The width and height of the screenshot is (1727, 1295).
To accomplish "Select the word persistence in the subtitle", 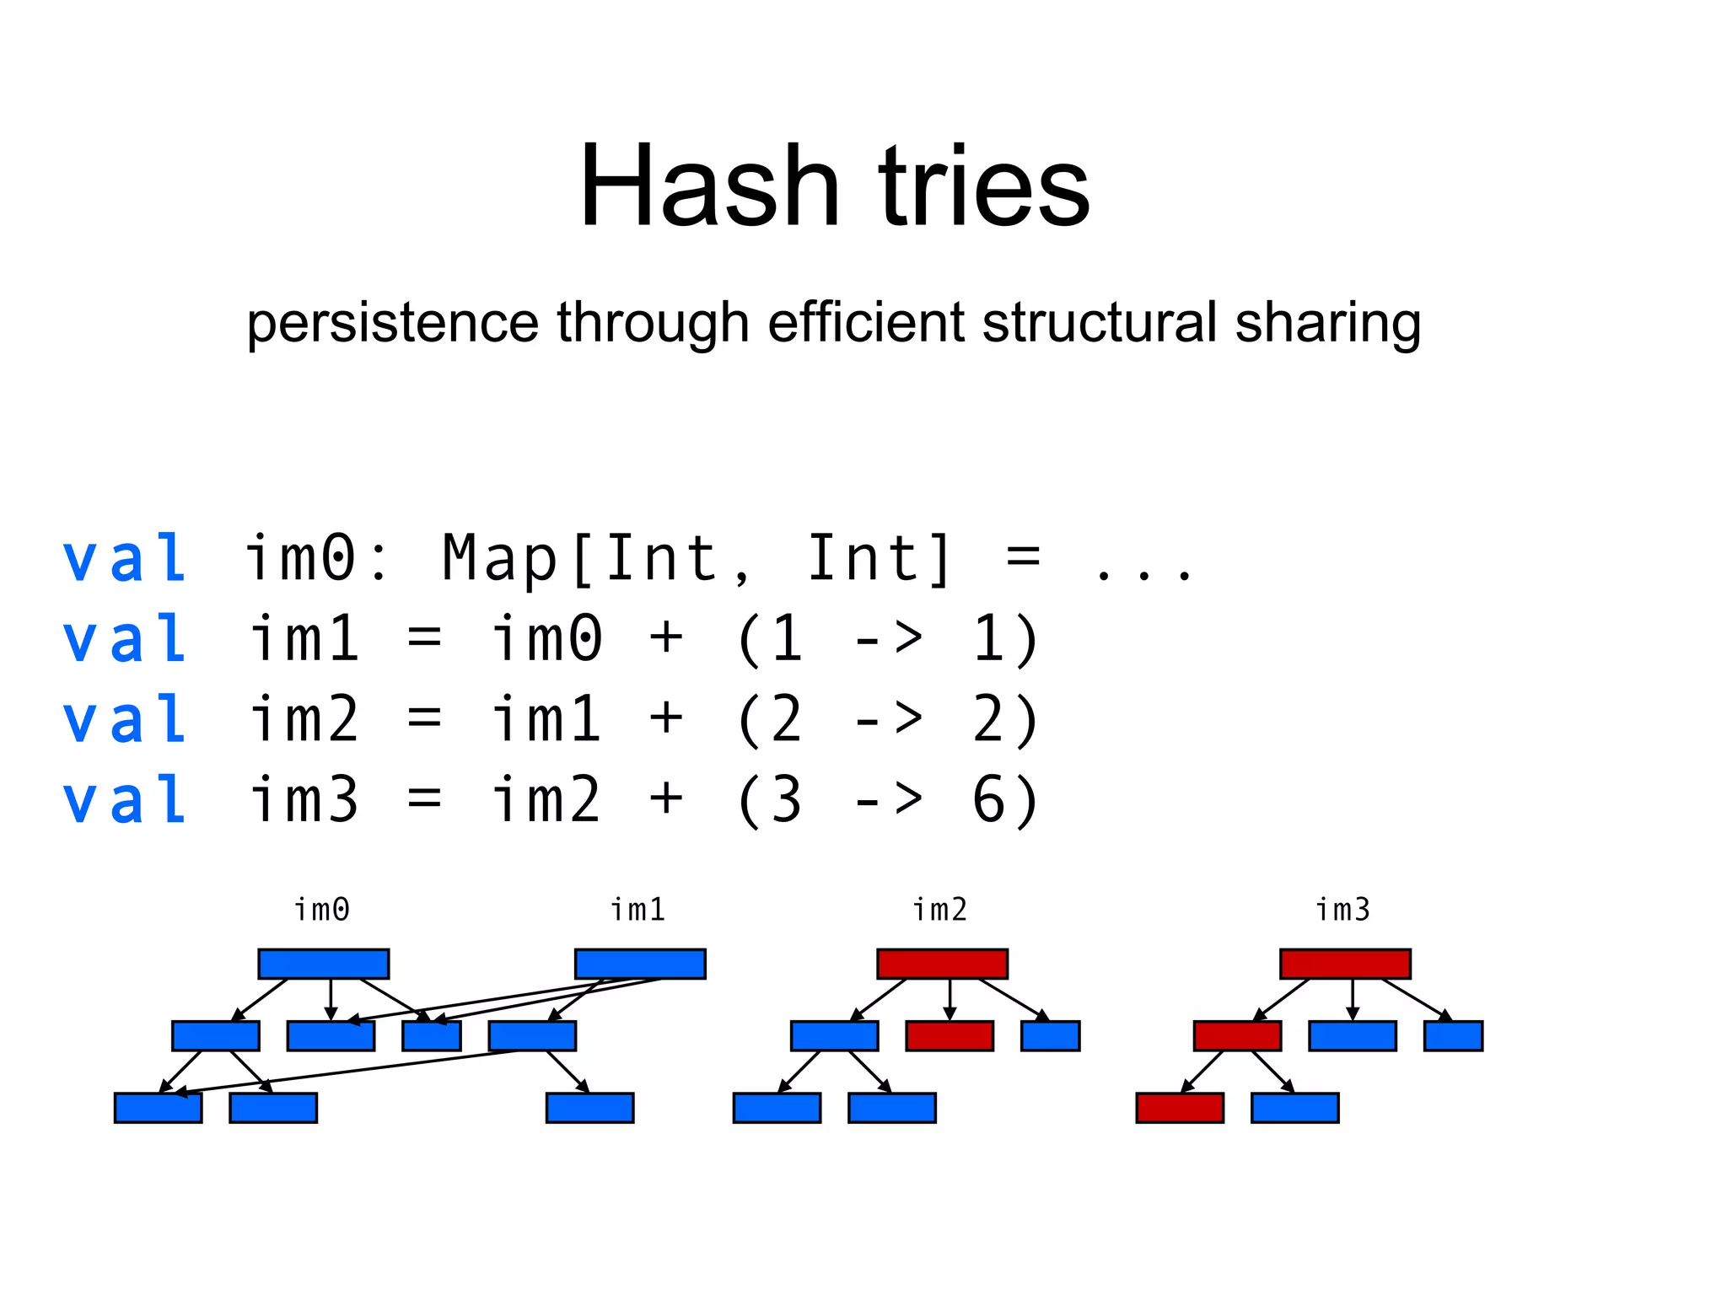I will click(392, 324).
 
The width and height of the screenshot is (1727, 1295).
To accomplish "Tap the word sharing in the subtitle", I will click(1327, 324).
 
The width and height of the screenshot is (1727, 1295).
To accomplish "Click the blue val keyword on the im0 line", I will click(125, 558).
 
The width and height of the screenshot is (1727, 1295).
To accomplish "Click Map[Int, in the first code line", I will click(595, 558).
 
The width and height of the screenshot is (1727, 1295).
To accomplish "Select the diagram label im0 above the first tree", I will click(321, 910).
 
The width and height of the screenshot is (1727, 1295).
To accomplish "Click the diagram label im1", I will click(638, 910).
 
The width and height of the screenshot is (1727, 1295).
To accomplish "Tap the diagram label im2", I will click(940, 910).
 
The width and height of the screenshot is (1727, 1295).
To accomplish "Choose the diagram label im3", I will click(1343, 910).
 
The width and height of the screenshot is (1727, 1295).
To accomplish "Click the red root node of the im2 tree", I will click(942, 964).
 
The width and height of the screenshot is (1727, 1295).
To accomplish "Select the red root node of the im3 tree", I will click(1345, 964).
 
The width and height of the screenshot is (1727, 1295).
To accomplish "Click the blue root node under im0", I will click(323, 964).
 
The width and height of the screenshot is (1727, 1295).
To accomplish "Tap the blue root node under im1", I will click(640, 964).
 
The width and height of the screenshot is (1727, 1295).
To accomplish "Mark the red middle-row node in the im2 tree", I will click(950, 1035).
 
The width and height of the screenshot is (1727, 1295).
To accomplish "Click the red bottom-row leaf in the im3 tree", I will click(1180, 1108).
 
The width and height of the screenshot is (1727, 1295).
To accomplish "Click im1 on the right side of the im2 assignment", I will click(546, 719).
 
